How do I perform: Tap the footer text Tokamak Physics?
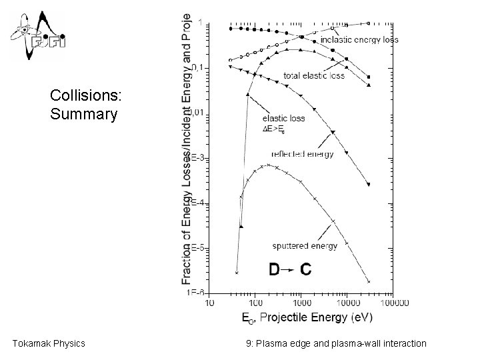(49, 343)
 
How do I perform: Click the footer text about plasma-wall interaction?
(335, 343)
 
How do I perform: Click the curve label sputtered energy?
(305, 245)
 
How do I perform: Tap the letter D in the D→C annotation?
(274, 269)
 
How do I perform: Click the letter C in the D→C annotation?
(305, 269)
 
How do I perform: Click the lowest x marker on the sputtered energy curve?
(237, 272)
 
